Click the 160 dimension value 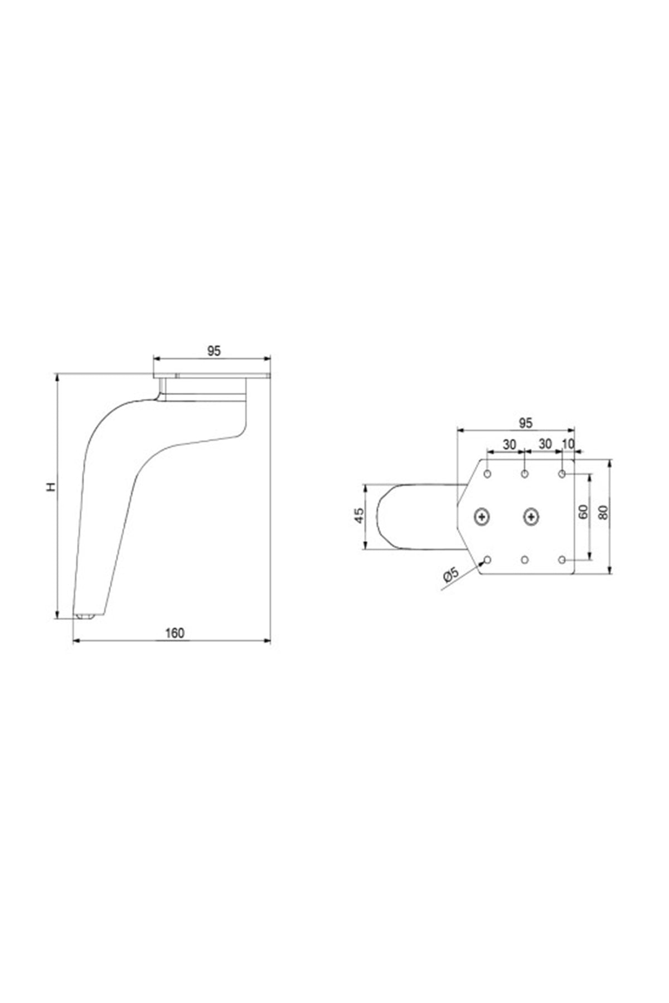point(174,633)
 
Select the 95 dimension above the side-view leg point(214,351)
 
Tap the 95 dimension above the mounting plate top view point(526,423)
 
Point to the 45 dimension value point(360,515)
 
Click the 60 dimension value point(583,512)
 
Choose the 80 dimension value point(603,512)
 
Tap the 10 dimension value point(568,444)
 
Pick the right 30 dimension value point(545,444)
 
